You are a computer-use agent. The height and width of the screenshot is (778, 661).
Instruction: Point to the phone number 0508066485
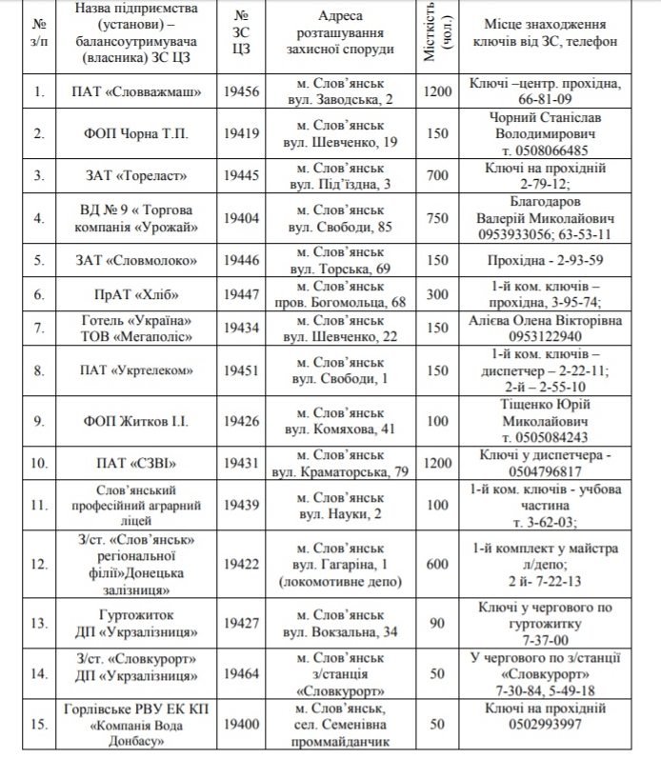(x=552, y=150)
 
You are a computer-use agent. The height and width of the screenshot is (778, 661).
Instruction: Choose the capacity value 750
(x=437, y=217)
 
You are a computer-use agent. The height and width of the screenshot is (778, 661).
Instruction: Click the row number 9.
(x=39, y=420)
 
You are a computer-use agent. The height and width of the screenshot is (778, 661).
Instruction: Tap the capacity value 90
(x=437, y=624)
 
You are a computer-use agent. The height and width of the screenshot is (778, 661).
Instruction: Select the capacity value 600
(x=437, y=564)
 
